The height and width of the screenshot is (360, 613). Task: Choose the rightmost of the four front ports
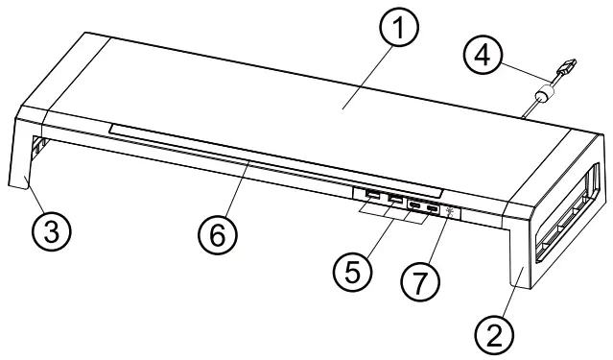(x=433, y=208)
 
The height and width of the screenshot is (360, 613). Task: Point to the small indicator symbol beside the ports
(x=450, y=212)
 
